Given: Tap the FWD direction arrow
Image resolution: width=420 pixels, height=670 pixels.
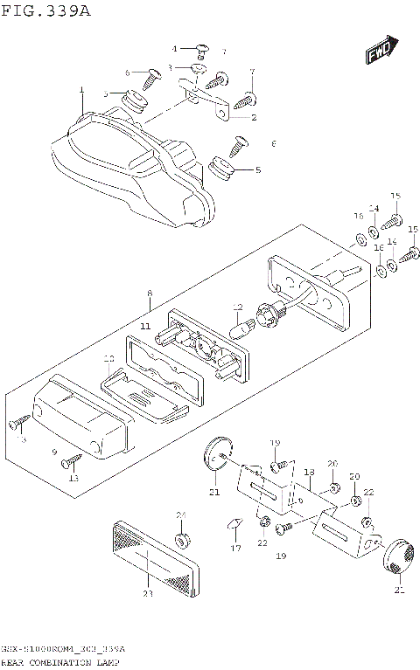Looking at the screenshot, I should click(x=381, y=52).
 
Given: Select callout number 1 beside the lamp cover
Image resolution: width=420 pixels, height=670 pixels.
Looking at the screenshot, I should click(x=81, y=90).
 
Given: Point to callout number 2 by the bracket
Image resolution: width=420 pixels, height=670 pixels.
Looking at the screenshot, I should click(x=254, y=117).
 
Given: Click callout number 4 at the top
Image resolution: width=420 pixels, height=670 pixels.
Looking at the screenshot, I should click(x=174, y=48).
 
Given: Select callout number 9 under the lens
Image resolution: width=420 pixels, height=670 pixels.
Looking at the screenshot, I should click(x=54, y=452).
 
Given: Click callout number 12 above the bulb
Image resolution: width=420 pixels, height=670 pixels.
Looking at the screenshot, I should click(x=237, y=307).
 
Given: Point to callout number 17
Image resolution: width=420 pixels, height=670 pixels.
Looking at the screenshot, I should click(x=235, y=549).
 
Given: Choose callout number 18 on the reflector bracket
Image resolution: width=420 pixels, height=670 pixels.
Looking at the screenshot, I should click(x=308, y=473).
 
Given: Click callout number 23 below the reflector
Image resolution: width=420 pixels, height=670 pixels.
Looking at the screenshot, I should click(x=147, y=594).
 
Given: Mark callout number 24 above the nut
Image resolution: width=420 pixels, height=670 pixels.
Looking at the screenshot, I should click(x=181, y=515).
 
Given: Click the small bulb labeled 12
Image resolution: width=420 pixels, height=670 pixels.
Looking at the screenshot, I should click(x=238, y=330).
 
